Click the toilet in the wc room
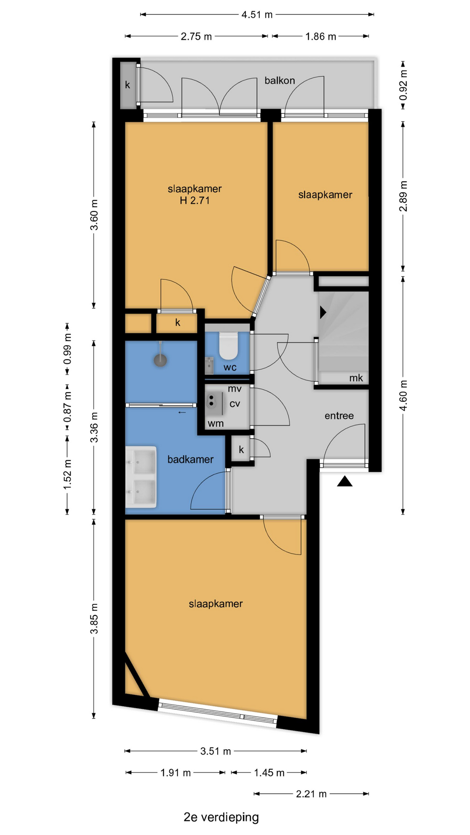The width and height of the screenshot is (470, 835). click(228, 346)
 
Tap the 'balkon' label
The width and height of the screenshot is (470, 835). click(280, 80)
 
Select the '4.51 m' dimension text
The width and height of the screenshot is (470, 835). click(257, 15)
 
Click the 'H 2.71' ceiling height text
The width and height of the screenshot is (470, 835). click(195, 200)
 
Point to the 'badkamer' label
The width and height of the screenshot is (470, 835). click(191, 459)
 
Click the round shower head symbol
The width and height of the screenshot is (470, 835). click(161, 360)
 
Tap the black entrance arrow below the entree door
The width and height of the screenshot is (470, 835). click(345, 481)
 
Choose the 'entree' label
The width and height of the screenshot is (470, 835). click(339, 416)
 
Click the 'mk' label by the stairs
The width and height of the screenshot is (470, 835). click(356, 378)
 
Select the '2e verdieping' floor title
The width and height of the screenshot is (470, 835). click(221, 817)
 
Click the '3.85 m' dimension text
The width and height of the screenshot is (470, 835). click(94, 618)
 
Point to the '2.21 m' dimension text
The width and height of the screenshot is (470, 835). click(311, 794)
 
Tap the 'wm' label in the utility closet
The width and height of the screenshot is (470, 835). click(216, 424)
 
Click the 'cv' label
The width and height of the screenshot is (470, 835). click(235, 404)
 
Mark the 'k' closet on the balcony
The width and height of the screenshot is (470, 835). click(128, 85)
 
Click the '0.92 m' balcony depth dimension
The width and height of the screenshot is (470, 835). click(403, 85)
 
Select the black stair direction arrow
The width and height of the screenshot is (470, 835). click(323, 312)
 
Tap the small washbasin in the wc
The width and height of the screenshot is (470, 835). click(209, 365)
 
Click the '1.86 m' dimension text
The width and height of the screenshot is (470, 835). click(321, 37)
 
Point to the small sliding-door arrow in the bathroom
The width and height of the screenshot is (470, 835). click(182, 412)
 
